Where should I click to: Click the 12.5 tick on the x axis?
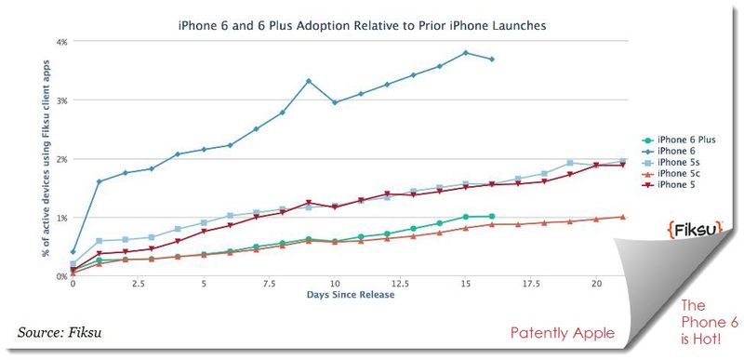coord(399,284)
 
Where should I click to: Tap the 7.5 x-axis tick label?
coord(269,284)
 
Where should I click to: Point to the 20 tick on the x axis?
coord(595,284)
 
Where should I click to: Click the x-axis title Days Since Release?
coord(350,296)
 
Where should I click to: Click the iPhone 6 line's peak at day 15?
coord(465,52)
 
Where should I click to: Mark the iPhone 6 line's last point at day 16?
coord(491,59)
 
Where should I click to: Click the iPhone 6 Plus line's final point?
coord(491,216)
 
